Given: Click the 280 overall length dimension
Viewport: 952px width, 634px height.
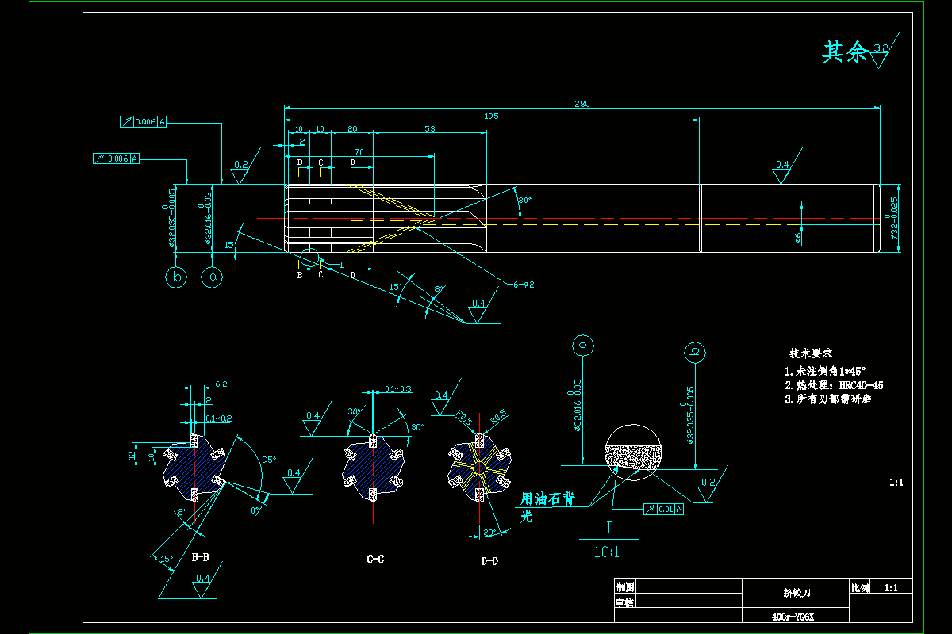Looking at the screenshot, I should coord(582,104).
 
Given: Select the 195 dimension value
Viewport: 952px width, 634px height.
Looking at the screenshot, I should coord(491,117).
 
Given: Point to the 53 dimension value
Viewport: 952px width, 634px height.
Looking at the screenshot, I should coord(430,128).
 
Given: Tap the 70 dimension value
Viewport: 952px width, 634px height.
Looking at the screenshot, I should coord(359,152).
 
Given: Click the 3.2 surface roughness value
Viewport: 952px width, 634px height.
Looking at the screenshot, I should coord(880,49).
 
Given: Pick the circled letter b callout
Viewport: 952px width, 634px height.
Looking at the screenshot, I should coord(177,277).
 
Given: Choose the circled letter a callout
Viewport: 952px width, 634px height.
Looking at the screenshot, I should coord(212,277).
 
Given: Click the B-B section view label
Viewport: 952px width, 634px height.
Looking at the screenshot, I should coord(201,557).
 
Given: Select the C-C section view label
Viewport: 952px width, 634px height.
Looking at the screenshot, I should coord(375,560).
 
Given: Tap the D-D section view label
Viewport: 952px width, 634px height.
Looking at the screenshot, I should coord(489,561).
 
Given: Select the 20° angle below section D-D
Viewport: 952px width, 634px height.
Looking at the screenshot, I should coord(489,533).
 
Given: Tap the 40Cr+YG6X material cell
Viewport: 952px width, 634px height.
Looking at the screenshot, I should coord(793,616).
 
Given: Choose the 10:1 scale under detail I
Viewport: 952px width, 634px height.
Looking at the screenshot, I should coord(606,552).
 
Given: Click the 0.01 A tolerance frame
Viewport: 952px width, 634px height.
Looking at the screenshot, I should coord(664,509).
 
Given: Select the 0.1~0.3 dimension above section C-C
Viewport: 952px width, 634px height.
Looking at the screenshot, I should coord(397,389).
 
